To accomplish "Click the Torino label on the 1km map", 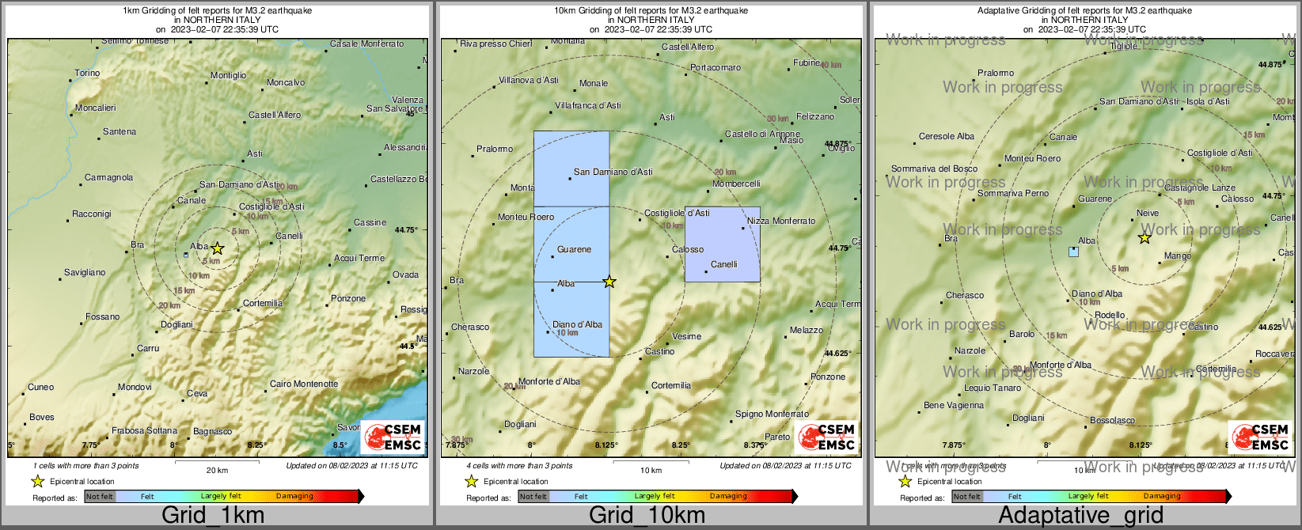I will pos(87,74).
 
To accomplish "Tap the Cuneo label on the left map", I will pos(41,388).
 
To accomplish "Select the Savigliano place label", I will pos(85,273).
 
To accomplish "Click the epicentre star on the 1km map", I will pos(218,248).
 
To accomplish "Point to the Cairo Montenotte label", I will pos(304,384).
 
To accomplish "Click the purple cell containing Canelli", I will pos(722,245).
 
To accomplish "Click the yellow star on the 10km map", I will pos(609,282).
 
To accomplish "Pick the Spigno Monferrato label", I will pos(772,415).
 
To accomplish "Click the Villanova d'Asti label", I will pos(529,81).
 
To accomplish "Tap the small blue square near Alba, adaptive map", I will pos(1073,252).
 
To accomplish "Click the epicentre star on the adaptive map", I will pos(1144,238).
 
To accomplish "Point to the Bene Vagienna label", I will pos(954,406).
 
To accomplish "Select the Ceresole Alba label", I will pos(946,137).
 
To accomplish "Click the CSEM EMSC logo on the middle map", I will pos(826,437).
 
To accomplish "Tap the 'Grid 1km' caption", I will pos(212,516).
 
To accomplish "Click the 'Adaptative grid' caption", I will pos(1080,516).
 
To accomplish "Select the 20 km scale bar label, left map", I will pos(217,471).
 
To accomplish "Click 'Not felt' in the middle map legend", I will pos(533,497).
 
